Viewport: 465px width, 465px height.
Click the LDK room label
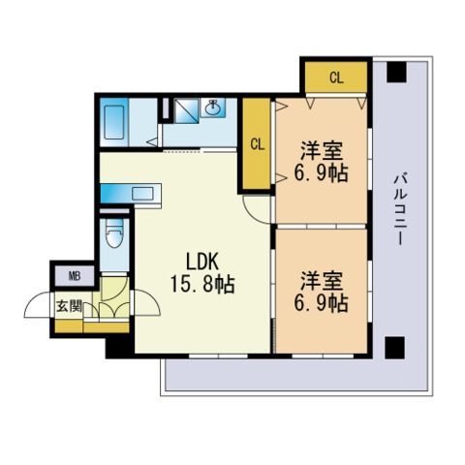pyautogui.click(x=202, y=262)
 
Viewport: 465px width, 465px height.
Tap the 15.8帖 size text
pyautogui.click(x=202, y=284)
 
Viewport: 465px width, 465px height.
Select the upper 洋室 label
pyautogui.click(x=322, y=150)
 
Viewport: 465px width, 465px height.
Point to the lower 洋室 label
pyautogui.click(x=322, y=281)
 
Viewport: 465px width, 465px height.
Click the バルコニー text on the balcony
pyautogui.click(x=400, y=209)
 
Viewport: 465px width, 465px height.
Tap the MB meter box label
pyautogui.click(x=75, y=276)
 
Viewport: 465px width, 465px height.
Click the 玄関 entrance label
pyautogui.click(x=69, y=306)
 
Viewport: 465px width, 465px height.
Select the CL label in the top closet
pyautogui.click(x=336, y=77)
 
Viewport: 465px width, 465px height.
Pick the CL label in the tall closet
pyautogui.click(x=258, y=144)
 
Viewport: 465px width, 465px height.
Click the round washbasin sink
pyautogui.click(x=213, y=108)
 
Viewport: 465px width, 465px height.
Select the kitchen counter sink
pyautogui.click(x=142, y=194)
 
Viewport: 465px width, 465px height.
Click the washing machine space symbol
pyautogui.click(x=186, y=110)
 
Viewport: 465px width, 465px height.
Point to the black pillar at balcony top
pyautogui.click(x=396, y=72)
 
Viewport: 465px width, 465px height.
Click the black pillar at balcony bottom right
pyautogui.click(x=395, y=346)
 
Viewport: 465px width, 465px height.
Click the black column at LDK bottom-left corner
pyautogui.click(x=119, y=348)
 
